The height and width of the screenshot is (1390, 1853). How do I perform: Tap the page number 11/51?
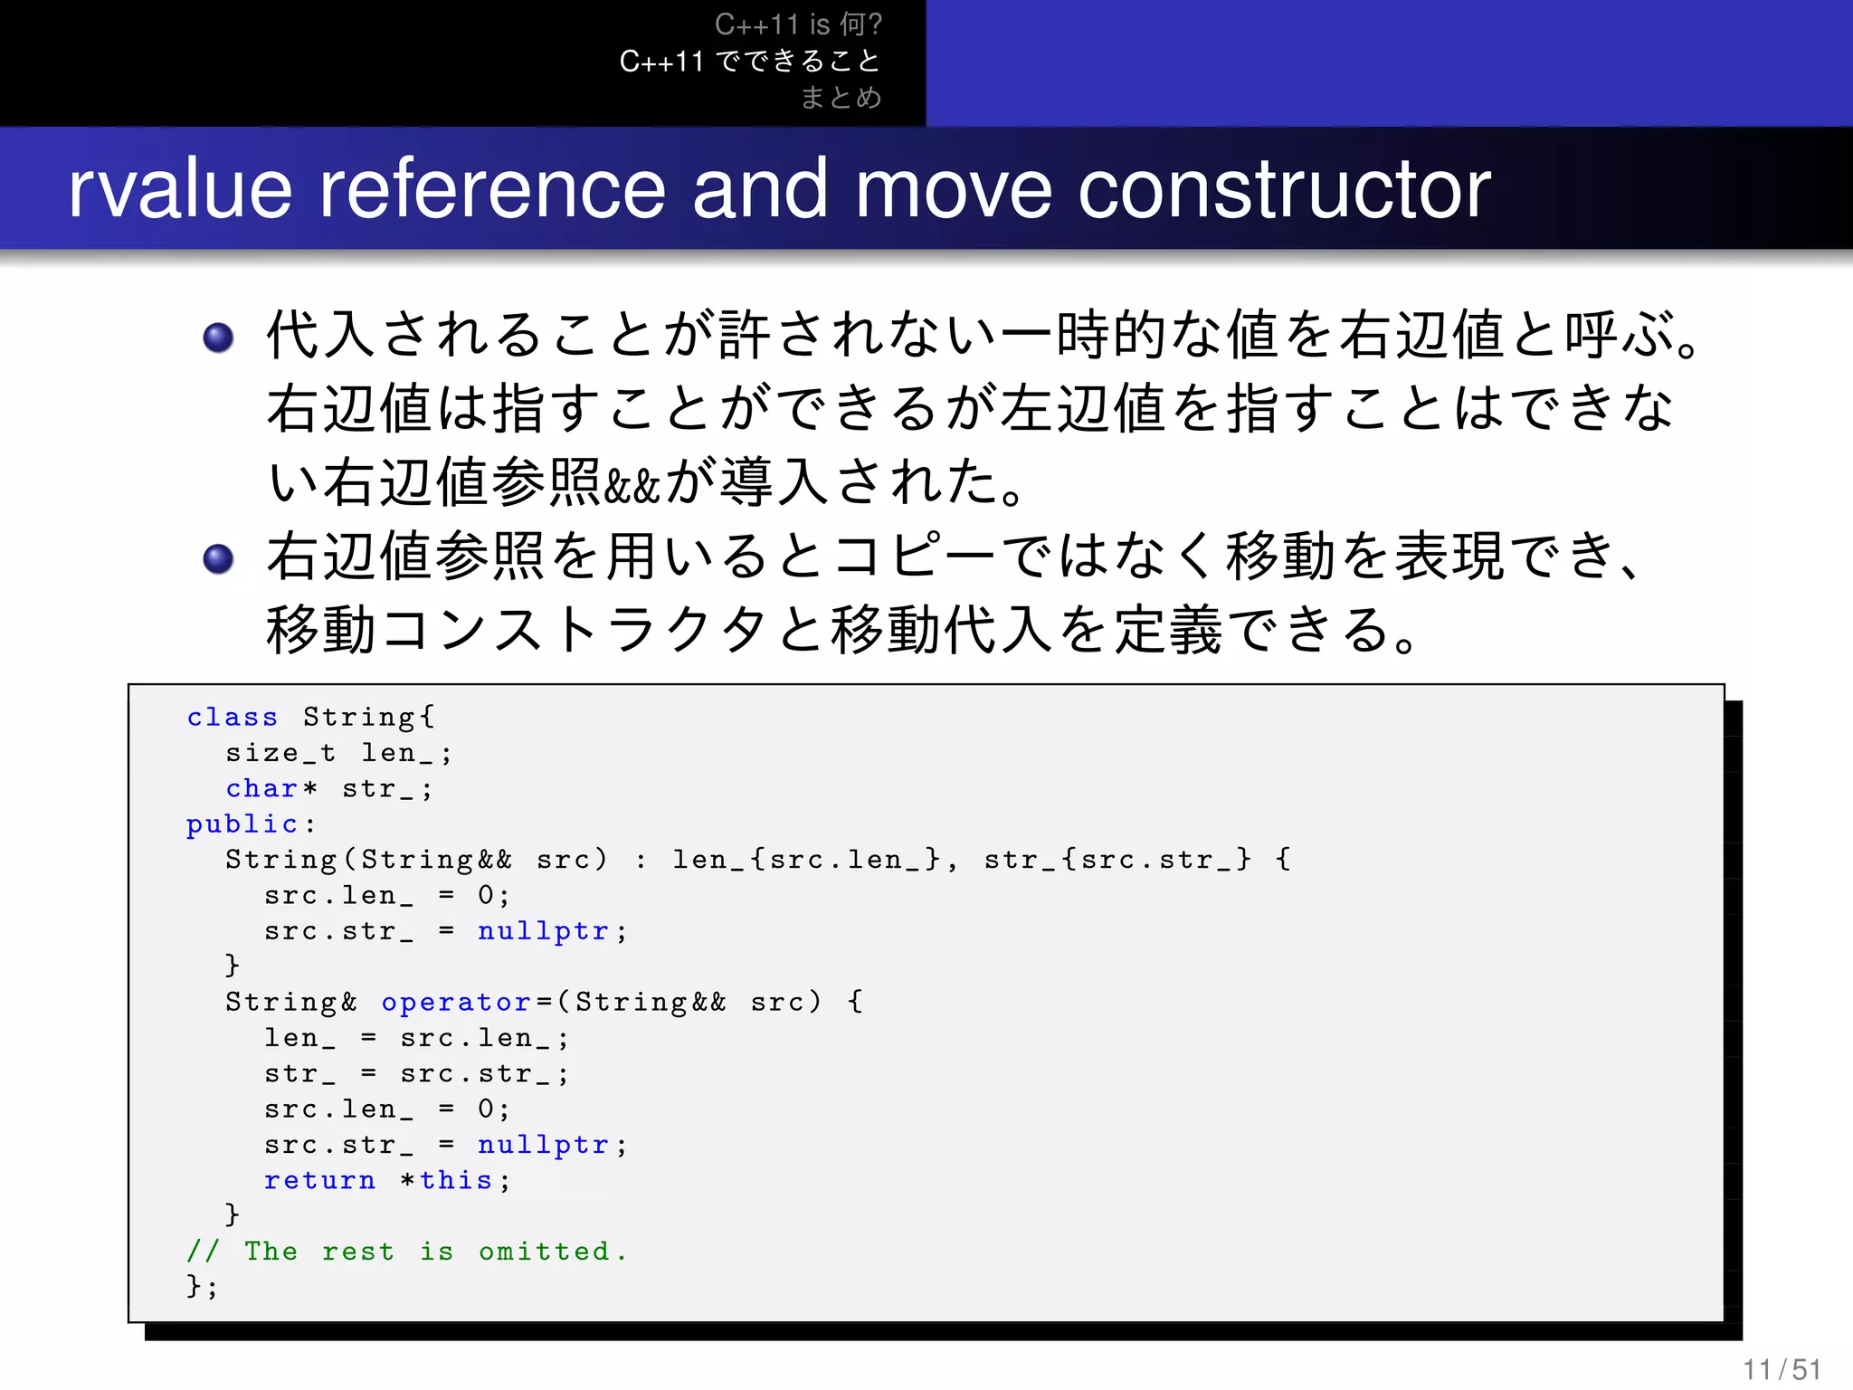[x=1782, y=1369]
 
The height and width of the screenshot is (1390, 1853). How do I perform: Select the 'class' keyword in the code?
[x=232, y=717]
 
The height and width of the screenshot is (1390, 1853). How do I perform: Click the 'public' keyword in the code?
[x=242, y=824]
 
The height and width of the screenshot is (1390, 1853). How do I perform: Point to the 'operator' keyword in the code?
[x=456, y=1003]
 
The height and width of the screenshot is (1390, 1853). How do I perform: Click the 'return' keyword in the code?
[x=319, y=1181]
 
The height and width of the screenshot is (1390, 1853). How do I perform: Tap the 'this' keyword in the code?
[x=456, y=1181]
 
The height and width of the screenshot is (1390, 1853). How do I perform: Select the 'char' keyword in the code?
[x=261, y=789]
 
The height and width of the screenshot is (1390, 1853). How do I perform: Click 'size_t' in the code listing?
[x=280, y=753]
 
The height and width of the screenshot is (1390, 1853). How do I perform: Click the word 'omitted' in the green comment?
[x=545, y=1252]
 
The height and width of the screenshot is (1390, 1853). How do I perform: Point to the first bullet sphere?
[x=218, y=338]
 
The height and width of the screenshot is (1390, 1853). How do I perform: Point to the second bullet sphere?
[x=218, y=558]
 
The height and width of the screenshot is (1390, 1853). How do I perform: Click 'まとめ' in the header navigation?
[x=841, y=97]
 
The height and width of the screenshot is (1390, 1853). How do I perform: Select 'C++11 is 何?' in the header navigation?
[x=798, y=24]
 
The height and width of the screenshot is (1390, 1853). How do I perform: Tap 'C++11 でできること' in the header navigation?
[x=750, y=61]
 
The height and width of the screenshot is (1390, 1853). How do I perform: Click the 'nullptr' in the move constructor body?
[x=543, y=931]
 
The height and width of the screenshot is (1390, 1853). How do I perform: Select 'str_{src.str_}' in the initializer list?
[x=1117, y=860]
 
